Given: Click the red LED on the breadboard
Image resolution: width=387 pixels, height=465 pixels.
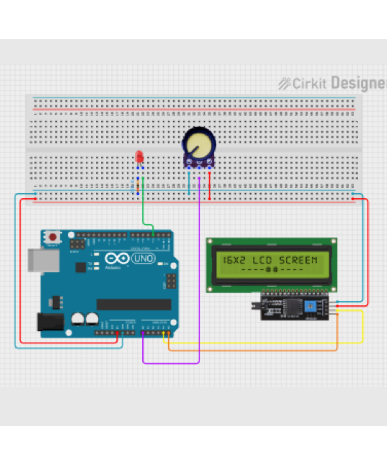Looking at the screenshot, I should coord(139,157).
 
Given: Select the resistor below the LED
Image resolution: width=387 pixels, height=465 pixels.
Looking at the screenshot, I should coord(138,186).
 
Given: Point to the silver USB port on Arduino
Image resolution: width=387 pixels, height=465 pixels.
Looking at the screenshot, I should coord(44,260).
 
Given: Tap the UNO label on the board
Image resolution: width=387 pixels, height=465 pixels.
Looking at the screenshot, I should coord(143,258).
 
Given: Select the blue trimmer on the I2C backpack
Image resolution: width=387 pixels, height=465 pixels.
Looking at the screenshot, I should coord(310,306).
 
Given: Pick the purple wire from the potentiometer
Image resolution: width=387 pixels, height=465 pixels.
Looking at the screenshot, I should coord(199,271).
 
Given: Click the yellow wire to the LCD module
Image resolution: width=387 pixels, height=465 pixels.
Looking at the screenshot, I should coord(263,343).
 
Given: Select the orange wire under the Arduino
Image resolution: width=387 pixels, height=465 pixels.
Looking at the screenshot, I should coord(252,350).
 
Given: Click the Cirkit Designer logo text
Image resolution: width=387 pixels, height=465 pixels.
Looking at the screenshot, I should coord(333,83).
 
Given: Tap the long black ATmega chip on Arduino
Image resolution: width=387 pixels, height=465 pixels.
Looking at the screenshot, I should coord(134,304).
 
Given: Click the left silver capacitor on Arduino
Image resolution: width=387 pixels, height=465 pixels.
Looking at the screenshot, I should coord(78,319).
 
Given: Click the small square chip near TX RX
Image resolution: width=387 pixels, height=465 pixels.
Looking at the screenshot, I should coord(80,267).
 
